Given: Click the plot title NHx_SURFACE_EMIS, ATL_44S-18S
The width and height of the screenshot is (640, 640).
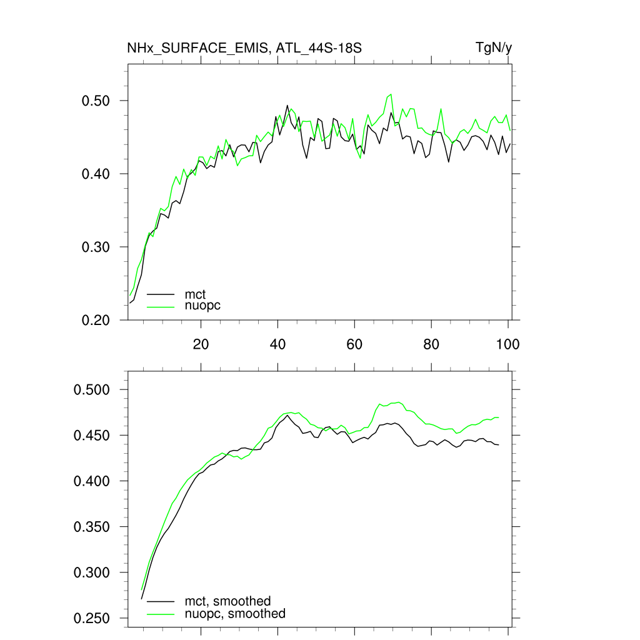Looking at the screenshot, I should click(244, 48).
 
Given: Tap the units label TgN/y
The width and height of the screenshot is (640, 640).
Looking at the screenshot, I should click(494, 48).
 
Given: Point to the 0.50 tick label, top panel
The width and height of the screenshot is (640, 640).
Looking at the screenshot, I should click(96, 101).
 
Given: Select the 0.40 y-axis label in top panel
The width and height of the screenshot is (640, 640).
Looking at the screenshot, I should click(96, 174).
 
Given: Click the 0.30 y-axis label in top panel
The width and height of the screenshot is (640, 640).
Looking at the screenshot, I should click(96, 247).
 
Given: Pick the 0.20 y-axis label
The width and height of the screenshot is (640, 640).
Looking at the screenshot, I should click(96, 320).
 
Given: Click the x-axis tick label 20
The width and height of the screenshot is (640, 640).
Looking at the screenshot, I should click(201, 344).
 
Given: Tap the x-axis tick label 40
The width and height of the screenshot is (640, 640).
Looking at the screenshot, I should click(277, 344).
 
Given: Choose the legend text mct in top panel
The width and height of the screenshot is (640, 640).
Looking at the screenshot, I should click(195, 294).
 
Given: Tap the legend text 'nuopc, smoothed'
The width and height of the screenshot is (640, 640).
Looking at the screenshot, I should click(235, 614).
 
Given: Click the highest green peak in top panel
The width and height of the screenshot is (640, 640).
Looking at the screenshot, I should click(391, 94).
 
